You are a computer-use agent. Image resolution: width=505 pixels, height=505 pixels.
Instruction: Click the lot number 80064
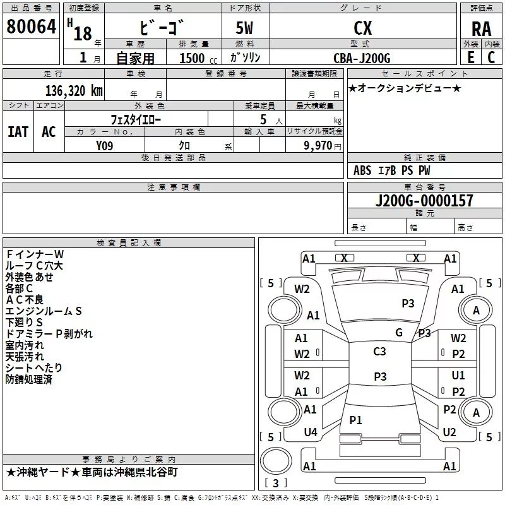coord(30,27)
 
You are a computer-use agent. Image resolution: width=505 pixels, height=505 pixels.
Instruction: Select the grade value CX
coord(362,28)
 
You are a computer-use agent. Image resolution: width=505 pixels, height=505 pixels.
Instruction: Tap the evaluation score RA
coord(481,29)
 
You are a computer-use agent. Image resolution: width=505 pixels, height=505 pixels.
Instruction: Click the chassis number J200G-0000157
coord(424,201)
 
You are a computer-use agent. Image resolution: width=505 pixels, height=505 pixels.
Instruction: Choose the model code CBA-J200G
coord(362,58)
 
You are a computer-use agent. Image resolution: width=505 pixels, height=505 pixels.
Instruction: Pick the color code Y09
coord(105,145)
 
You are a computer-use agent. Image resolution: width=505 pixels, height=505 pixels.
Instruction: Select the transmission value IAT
coord(18,131)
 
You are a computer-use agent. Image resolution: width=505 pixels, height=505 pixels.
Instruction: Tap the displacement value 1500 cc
coord(193,58)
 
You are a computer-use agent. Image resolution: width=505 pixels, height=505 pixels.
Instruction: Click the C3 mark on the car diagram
coord(379,352)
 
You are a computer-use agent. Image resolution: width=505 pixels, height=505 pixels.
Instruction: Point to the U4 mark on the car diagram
coord(310,432)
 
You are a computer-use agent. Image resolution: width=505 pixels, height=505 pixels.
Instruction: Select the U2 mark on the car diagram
coord(449,432)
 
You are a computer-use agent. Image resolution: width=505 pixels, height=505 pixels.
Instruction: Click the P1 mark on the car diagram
coord(355,420)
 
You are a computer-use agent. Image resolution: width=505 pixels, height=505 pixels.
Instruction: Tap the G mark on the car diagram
coord(398,333)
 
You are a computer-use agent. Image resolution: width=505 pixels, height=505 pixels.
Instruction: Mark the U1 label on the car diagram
coord(458,376)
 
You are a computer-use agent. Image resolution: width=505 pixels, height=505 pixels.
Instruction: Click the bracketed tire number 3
coord(275,483)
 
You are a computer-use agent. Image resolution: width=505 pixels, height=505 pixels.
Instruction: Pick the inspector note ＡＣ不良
coord(25,299)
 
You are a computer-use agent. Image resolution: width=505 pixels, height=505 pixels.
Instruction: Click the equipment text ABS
coord(362,170)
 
